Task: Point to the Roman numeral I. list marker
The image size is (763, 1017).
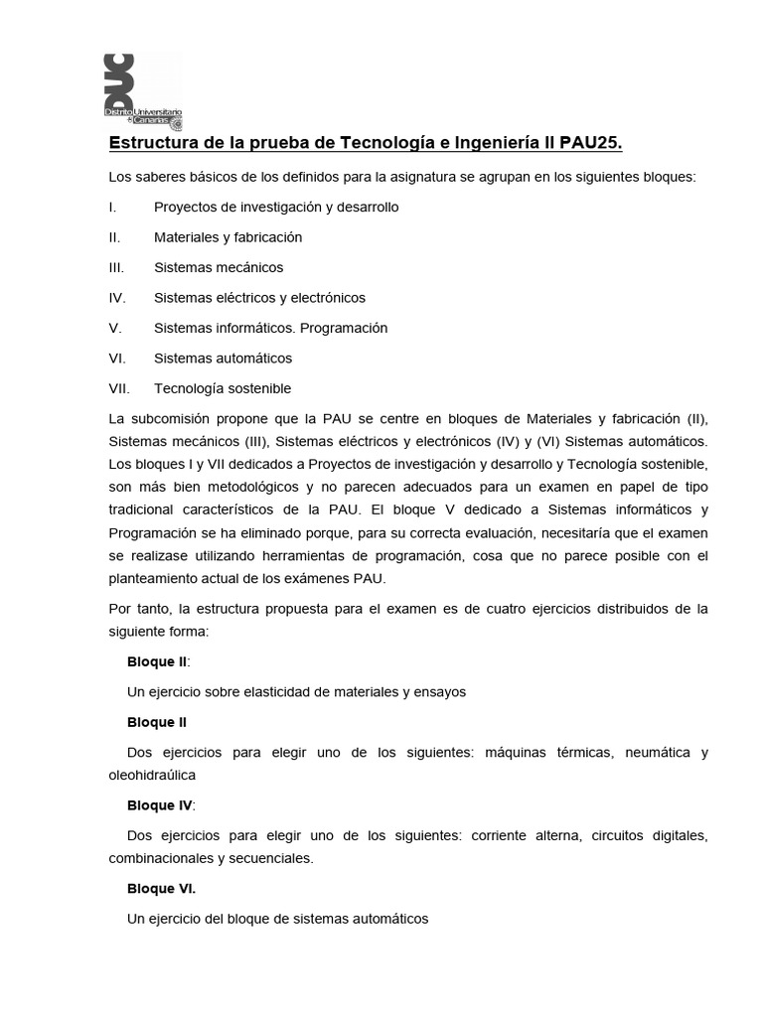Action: tap(112, 207)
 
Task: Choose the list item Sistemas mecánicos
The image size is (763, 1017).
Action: tap(219, 267)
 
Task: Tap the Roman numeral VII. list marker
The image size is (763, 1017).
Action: tap(118, 388)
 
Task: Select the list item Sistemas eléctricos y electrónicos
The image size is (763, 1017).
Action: tap(259, 297)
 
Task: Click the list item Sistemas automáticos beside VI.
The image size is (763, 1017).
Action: tap(223, 358)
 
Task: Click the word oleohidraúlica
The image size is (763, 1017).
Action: tap(152, 775)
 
